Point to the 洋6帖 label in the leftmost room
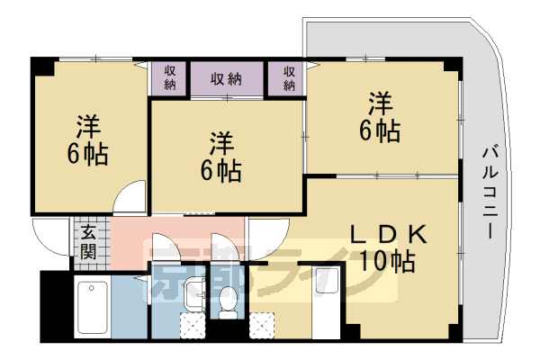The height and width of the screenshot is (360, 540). tap(86, 140)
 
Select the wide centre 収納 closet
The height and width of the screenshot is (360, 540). tap(226, 78)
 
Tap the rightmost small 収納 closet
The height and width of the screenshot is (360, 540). tap(288, 78)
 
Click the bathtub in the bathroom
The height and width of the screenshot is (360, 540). tap(92, 307)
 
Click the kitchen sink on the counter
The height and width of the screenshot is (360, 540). tap(328, 284)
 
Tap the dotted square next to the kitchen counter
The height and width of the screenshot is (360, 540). tap(263, 324)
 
